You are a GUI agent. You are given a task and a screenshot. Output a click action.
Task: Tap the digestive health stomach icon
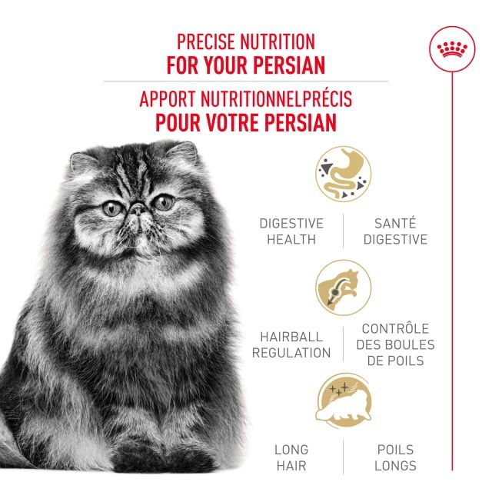coord(343,175)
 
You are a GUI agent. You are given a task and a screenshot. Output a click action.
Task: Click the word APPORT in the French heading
coord(168,101)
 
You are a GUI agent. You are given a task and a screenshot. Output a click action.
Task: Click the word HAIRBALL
coord(291,337)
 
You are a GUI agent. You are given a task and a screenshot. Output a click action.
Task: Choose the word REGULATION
coord(291,353)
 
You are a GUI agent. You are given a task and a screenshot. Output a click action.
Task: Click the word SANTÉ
coord(395,223)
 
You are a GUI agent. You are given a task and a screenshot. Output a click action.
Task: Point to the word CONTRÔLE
coord(395,328)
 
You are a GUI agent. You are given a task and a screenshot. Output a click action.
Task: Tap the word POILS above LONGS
coord(395,450)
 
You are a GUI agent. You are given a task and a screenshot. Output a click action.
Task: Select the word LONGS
coord(395,466)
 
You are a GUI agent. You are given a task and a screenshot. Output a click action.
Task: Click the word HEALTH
coord(291,239)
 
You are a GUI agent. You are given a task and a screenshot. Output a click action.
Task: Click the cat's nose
coord(136,208)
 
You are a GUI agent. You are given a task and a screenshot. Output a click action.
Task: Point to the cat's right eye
coord(111,208)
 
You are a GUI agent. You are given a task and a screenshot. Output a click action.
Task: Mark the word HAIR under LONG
coord(291,466)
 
